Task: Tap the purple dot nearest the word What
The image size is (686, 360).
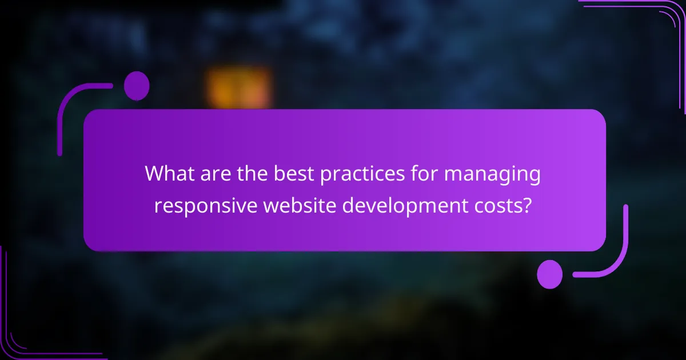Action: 137,86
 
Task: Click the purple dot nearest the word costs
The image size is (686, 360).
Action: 550,274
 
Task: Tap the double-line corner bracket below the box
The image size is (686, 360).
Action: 29,337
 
